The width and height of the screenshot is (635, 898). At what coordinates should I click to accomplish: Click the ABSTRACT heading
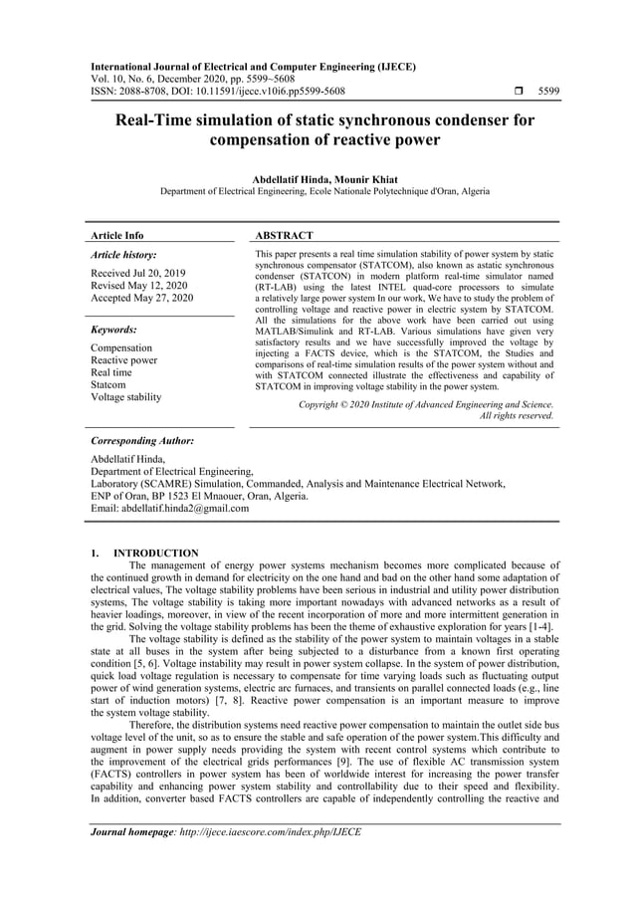(286, 236)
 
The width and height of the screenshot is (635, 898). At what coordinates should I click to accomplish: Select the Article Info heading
(116, 236)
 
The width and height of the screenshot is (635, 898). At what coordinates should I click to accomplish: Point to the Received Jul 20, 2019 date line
(140, 272)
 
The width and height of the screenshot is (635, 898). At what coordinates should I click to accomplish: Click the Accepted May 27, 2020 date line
(142, 298)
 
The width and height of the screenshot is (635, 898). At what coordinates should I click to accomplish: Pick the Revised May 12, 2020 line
(140, 285)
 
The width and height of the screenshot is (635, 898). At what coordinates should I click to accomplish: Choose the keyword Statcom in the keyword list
(108, 384)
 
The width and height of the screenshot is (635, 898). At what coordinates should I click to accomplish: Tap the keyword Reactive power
(123, 360)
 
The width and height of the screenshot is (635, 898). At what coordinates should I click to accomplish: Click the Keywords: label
(114, 329)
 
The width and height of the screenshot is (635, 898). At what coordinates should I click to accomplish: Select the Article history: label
(123, 255)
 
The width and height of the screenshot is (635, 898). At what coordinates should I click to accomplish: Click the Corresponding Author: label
(141, 440)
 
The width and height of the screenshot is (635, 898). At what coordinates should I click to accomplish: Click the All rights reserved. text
(516, 415)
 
